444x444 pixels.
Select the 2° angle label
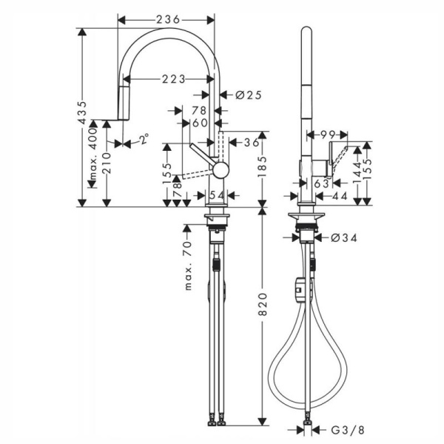point(143,138)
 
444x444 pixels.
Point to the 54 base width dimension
point(217,195)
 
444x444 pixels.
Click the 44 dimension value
point(340,195)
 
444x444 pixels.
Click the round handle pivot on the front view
point(218,172)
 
